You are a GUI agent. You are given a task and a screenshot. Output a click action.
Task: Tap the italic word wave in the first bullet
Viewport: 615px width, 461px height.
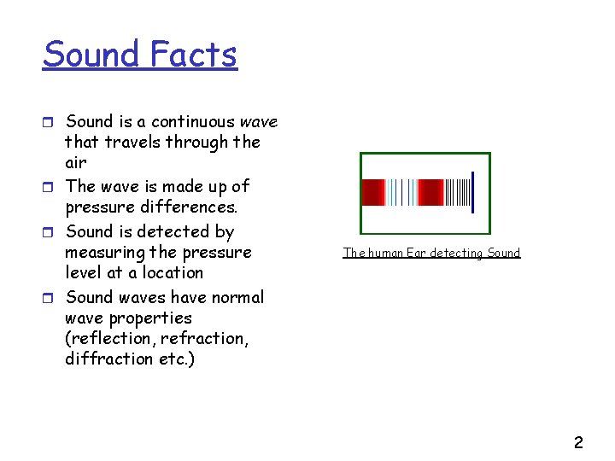[259, 122]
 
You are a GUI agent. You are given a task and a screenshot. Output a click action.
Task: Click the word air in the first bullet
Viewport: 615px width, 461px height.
[76, 163]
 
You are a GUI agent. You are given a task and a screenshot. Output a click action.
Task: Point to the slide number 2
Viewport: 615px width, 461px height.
[578, 442]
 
